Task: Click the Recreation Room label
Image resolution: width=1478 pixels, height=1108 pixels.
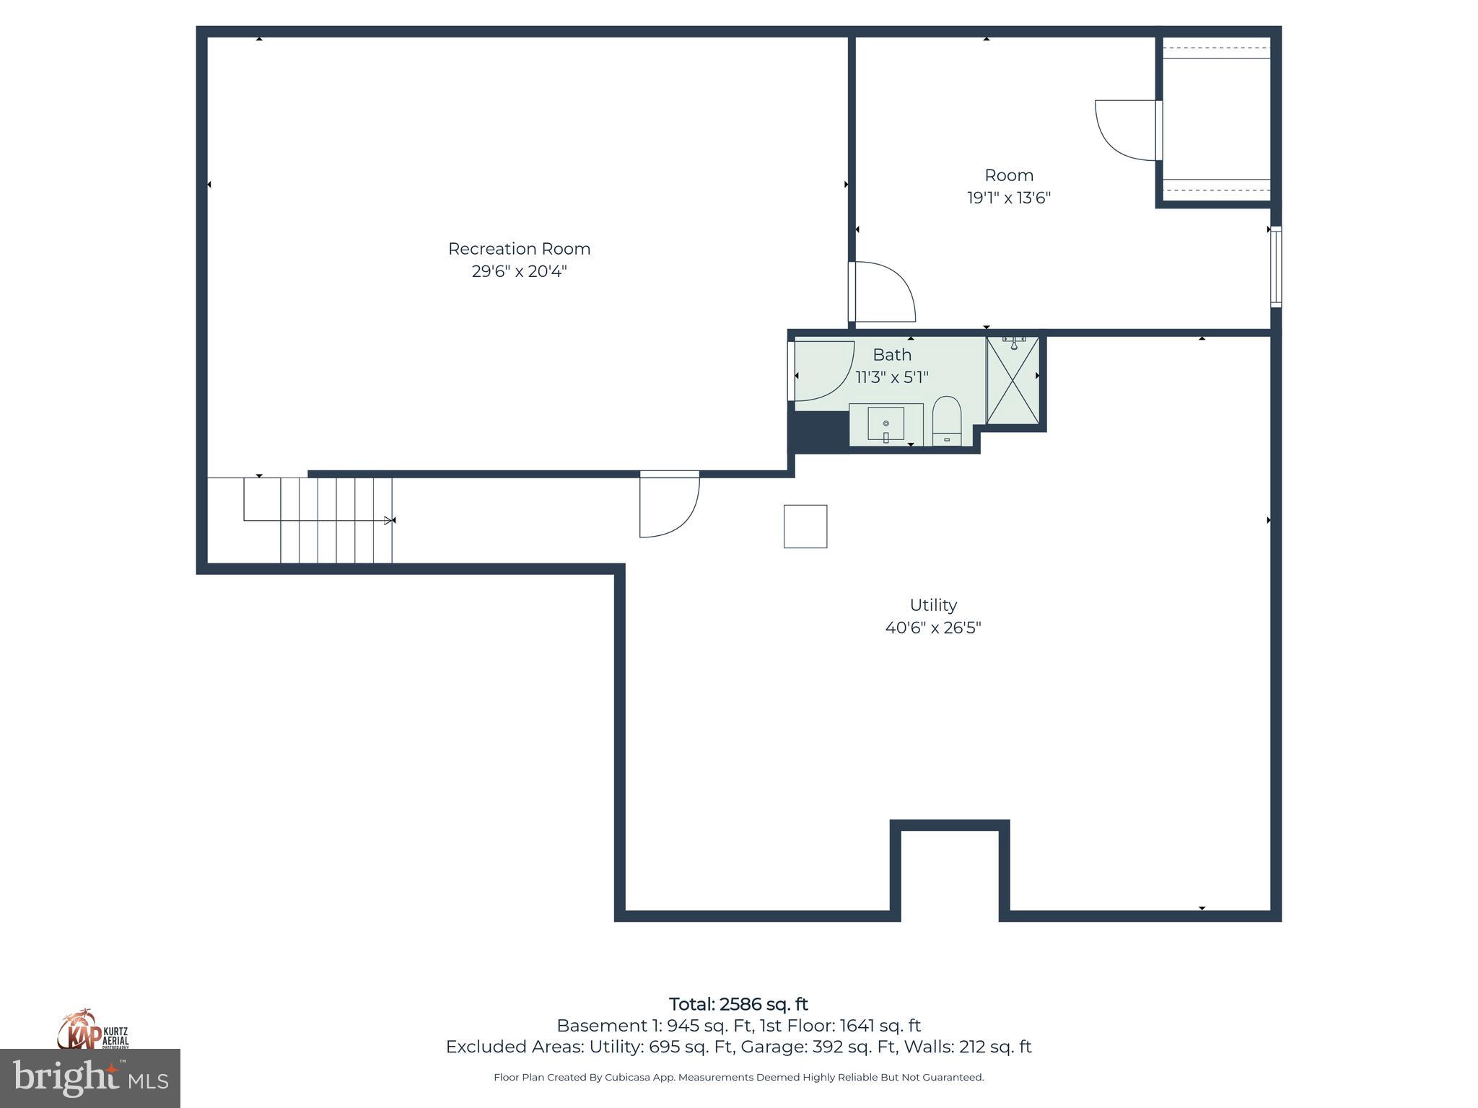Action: (x=519, y=249)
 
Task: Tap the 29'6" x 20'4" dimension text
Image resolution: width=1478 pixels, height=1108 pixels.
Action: (x=519, y=272)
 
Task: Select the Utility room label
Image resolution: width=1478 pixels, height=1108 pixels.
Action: (x=932, y=605)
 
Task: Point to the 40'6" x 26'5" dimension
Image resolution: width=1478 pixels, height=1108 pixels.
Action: (x=932, y=628)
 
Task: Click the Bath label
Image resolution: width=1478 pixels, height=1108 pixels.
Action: (x=891, y=355)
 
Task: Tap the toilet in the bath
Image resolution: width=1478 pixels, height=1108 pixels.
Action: (x=947, y=421)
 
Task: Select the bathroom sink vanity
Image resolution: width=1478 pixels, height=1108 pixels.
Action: (x=886, y=425)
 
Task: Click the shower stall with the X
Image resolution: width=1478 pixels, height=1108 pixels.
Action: (x=1013, y=380)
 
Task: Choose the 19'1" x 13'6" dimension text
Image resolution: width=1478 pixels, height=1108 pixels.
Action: (x=1008, y=198)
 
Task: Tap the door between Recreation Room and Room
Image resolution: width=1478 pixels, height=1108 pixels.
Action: (x=882, y=291)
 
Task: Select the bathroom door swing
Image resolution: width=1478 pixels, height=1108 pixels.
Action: (x=822, y=370)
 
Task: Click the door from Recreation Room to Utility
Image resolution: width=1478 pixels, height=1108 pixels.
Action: (x=669, y=504)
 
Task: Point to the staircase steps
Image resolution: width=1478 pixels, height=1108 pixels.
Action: (x=336, y=519)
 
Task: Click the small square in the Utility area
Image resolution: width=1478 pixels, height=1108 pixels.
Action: (x=805, y=527)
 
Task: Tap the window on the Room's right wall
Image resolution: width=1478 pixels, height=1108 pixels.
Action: (x=1275, y=267)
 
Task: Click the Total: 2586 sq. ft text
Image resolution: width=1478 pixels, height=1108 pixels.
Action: (x=738, y=1004)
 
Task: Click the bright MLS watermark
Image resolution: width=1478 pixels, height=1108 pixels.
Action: (x=89, y=1078)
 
